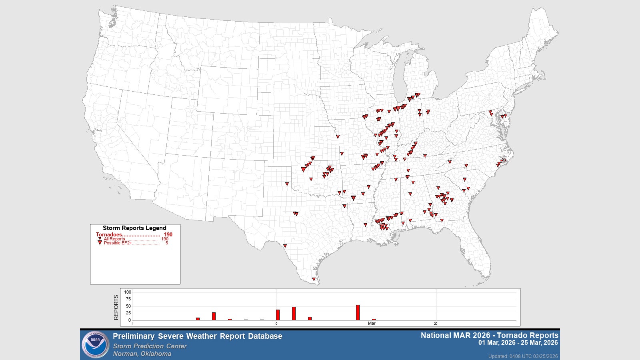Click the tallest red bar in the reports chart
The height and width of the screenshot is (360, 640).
[x=358, y=312]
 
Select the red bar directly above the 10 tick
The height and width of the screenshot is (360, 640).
[x=278, y=315]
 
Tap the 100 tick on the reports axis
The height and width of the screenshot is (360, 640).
[x=128, y=292]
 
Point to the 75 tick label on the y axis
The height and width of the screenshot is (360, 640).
[x=128, y=299]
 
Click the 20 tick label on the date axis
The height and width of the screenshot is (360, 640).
[x=436, y=324]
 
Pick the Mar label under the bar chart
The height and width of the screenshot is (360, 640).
[x=372, y=324]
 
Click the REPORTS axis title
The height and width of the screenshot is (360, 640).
[x=116, y=307]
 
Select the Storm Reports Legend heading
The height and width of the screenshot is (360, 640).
[x=134, y=228]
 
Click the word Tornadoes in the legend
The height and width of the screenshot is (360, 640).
[x=109, y=235]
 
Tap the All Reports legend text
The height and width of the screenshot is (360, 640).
[x=114, y=239]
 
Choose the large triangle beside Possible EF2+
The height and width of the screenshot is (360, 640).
[x=100, y=243]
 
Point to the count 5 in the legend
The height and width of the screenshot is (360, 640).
[x=167, y=243]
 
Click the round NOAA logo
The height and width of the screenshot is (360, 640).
[x=95, y=344]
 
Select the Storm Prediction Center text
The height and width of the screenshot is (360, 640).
[x=150, y=346]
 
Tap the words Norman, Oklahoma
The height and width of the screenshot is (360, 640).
[x=142, y=354]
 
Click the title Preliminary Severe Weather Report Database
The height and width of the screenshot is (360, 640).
[x=197, y=336]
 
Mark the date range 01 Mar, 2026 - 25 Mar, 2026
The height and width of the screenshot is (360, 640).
[x=518, y=343]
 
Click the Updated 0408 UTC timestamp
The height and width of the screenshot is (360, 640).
[x=523, y=356]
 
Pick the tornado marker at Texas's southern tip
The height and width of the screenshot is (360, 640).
[x=314, y=279]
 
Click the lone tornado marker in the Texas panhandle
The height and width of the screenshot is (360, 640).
[x=287, y=184]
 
